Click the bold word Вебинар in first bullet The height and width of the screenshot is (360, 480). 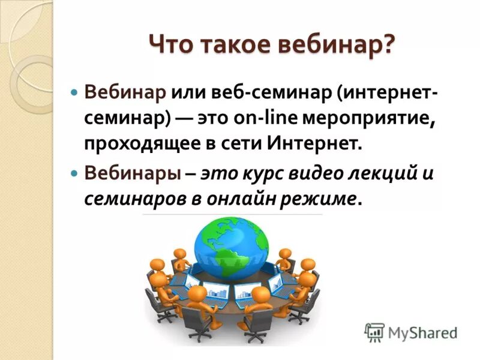coord(125,94)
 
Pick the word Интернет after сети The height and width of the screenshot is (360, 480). coord(314,143)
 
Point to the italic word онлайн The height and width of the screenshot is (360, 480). coord(240,198)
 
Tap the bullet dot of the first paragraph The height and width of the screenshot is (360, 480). coord(75,95)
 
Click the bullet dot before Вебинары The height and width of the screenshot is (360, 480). coord(75,174)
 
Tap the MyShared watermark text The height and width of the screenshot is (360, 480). coord(422,332)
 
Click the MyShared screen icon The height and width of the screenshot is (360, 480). coord(374,332)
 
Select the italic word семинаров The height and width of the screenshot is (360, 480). coord(135,198)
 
